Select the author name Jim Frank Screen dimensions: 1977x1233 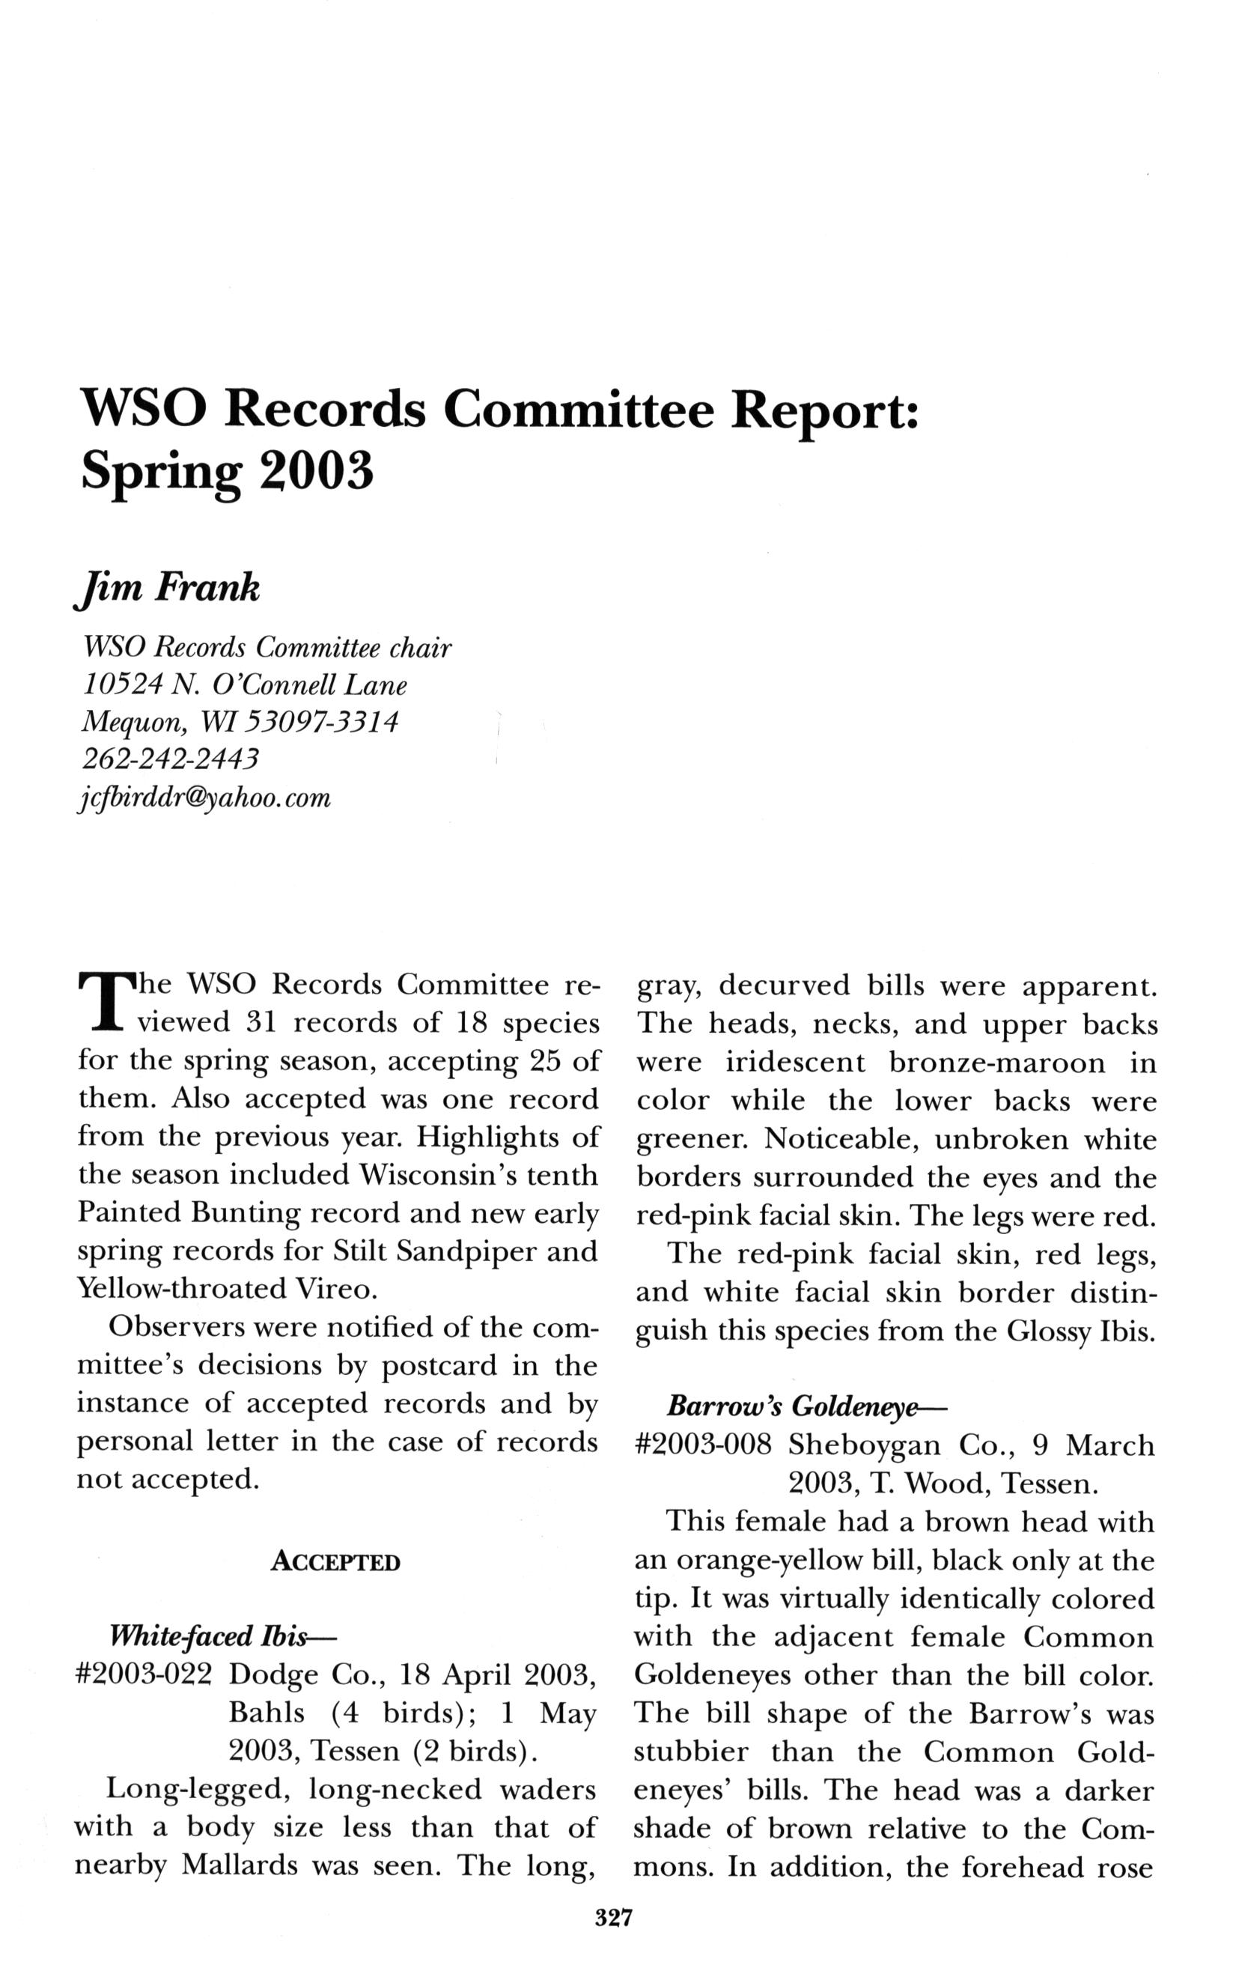[x=170, y=587]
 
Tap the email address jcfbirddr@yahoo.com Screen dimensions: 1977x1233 [x=203, y=798]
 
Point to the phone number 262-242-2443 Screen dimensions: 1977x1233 [x=171, y=759]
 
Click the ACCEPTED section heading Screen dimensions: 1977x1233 [x=336, y=1563]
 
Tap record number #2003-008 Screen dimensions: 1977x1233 [x=703, y=1445]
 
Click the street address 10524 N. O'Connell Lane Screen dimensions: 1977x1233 [x=245, y=684]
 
